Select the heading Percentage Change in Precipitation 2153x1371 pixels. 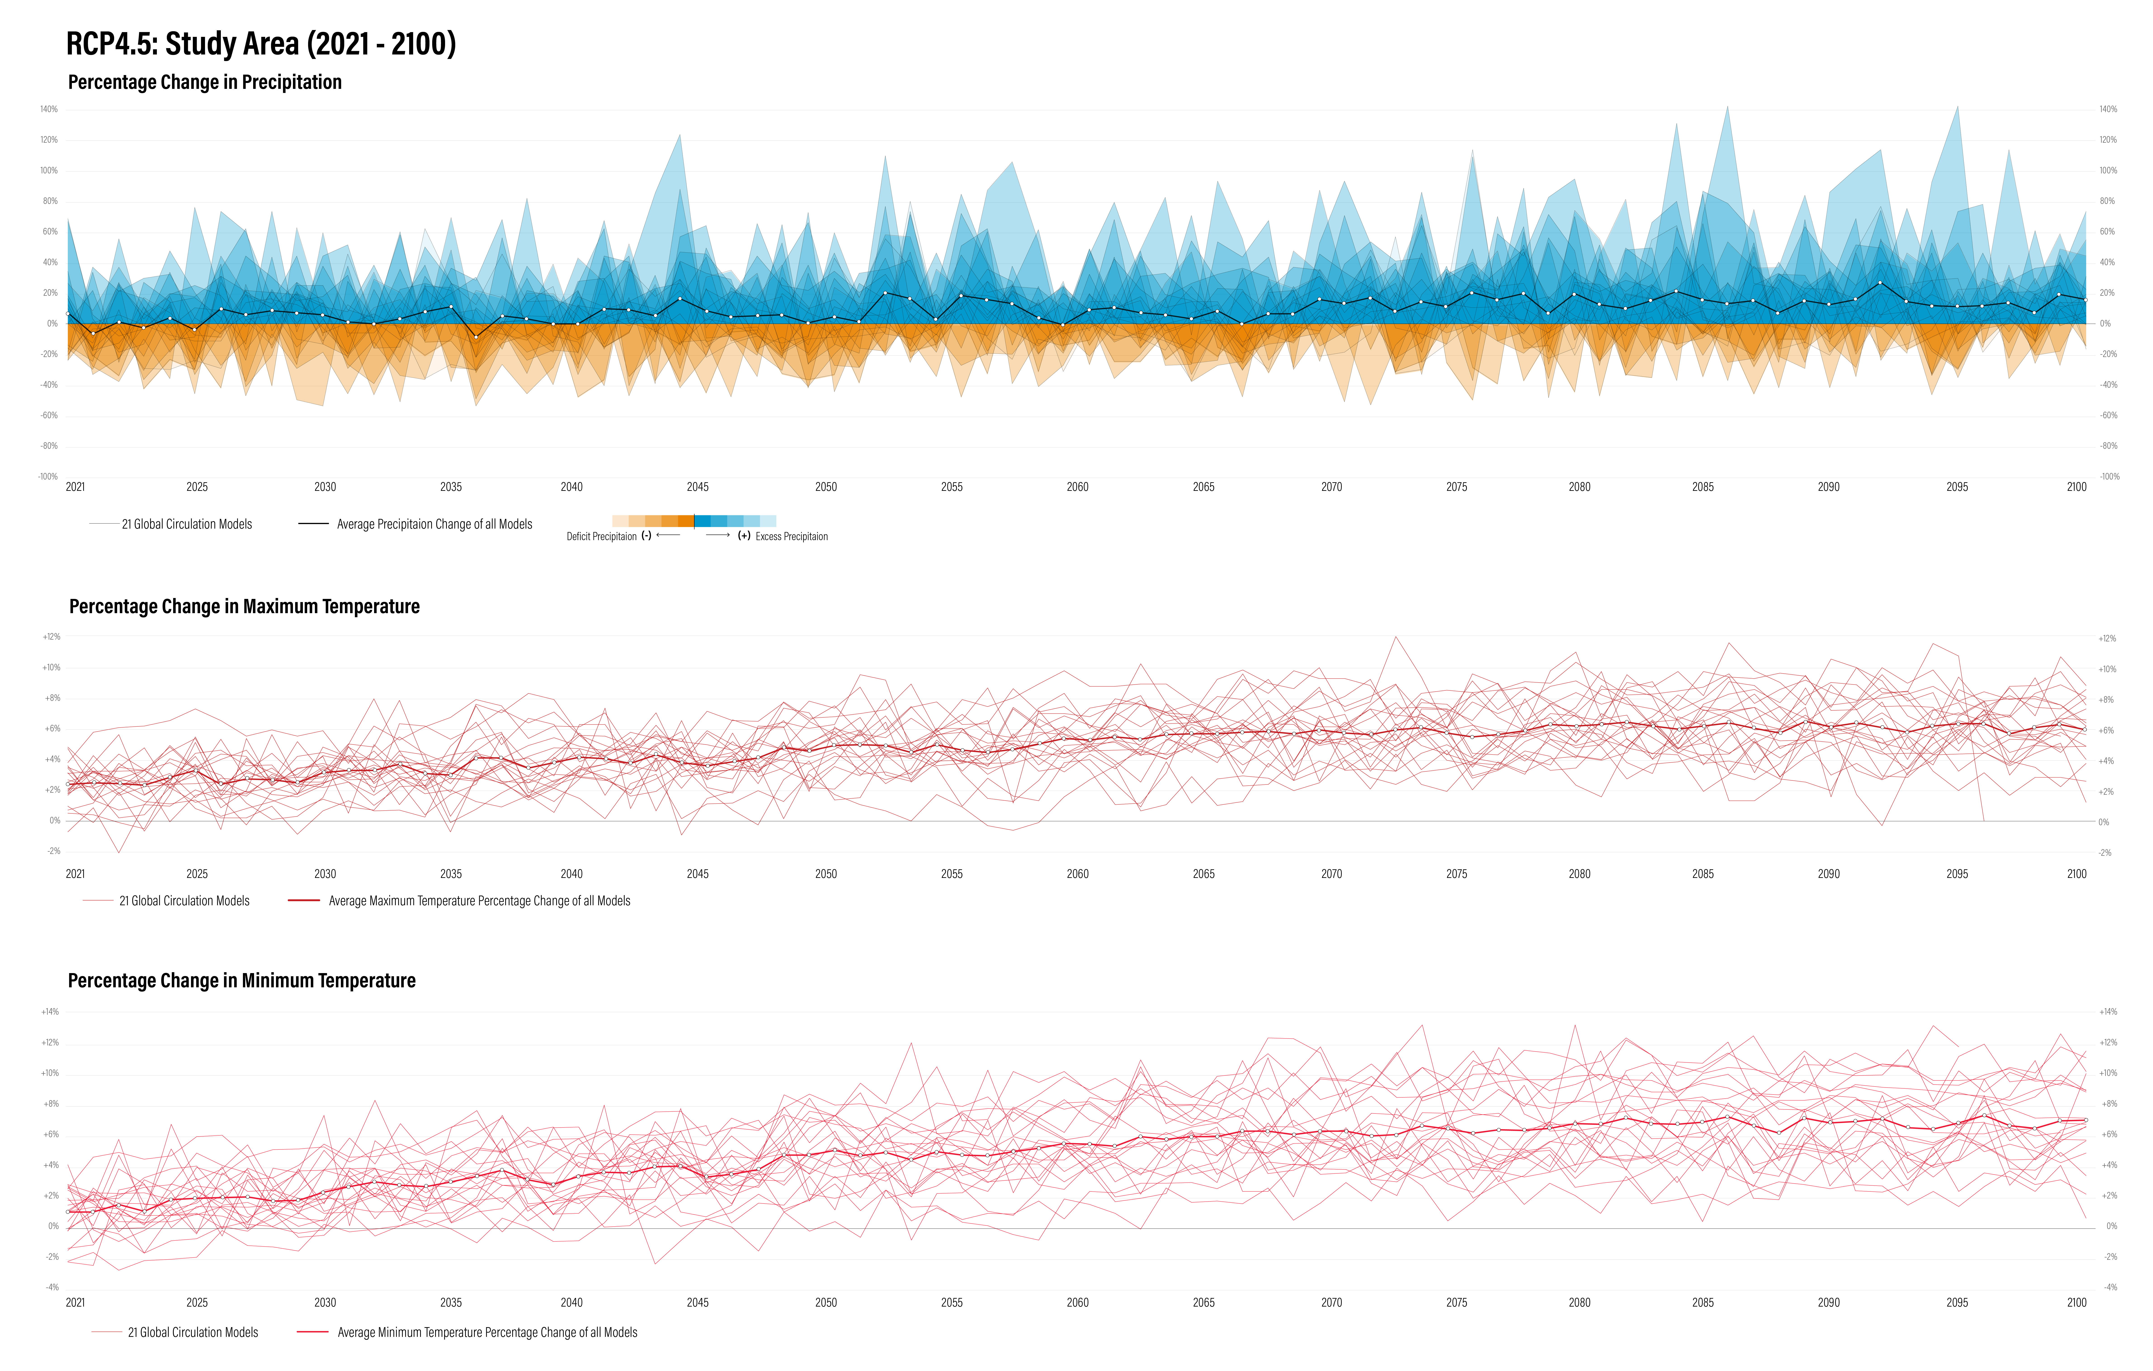point(205,82)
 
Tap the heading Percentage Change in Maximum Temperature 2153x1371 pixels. point(244,606)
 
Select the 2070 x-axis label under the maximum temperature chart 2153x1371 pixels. point(1331,874)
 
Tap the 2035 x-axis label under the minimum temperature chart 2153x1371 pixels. point(451,1303)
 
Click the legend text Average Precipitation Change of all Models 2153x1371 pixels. point(434,524)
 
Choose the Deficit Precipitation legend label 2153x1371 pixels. point(602,537)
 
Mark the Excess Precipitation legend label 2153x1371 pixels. point(791,537)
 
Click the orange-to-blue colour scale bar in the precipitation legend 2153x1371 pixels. point(694,520)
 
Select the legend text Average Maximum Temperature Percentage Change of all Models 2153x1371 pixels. point(479,901)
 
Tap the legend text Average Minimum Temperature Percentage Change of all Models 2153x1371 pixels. point(487,1333)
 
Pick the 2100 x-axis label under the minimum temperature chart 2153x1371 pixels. point(2076,1303)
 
